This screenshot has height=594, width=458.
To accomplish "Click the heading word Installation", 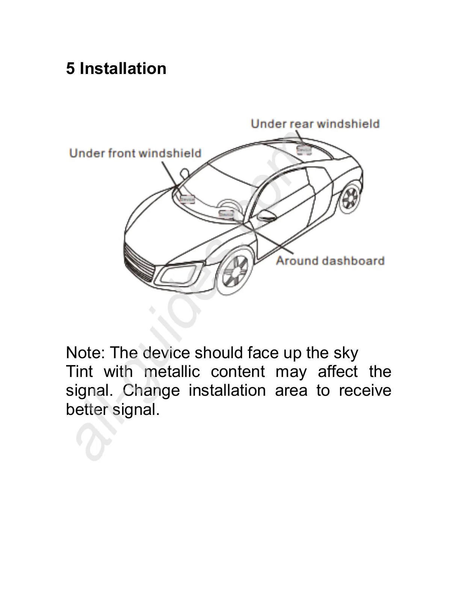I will pyautogui.click(x=123, y=69).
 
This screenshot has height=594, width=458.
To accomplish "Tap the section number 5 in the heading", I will pyautogui.click(x=70, y=69).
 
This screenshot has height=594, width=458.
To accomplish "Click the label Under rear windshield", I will pyautogui.click(x=315, y=124).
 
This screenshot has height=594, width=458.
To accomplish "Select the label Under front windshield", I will pyautogui.click(x=135, y=153).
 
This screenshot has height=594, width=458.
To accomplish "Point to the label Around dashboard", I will pyautogui.click(x=330, y=261).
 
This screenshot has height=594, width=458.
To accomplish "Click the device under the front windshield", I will pyautogui.click(x=187, y=199).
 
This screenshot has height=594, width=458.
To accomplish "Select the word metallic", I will pyautogui.click(x=172, y=372).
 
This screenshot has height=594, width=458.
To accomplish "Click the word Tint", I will pyautogui.click(x=79, y=372).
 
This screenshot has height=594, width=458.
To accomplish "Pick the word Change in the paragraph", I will pyautogui.click(x=151, y=390).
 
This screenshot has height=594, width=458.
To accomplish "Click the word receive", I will pyautogui.click(x=365, y=390).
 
